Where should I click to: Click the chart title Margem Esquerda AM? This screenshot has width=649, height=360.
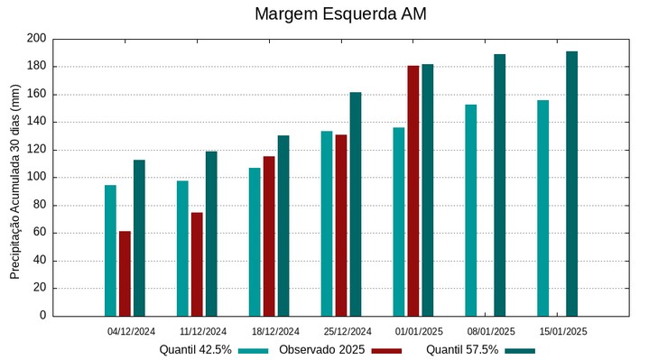coord(340,14)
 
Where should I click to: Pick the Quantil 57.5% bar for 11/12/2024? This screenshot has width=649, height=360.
coord(211,234)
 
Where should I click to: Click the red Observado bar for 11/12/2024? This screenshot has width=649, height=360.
coord(197,263)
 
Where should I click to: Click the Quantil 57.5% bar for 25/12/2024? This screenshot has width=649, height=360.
coord(356,204)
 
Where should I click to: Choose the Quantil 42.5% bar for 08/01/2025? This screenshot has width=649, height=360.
coord(471,210)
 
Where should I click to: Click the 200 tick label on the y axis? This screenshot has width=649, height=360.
coord(36,39)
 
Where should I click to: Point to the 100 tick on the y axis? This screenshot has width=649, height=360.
coord(36,178)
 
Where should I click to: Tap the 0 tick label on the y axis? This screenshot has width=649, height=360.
coord(42,316)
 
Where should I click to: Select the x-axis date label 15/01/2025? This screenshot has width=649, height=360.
coord(563,331)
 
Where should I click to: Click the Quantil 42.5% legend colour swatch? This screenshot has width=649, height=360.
coord(254,350)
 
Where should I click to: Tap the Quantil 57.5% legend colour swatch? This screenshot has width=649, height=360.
coord(520,350)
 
